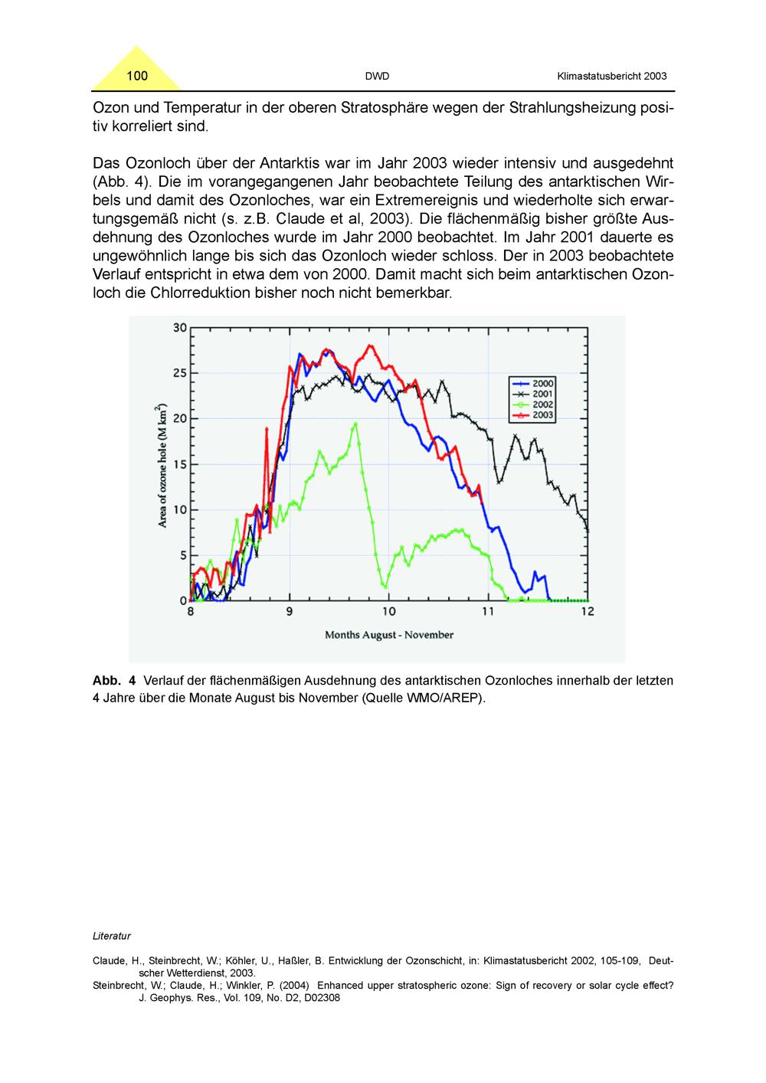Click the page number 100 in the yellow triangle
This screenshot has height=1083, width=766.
[137, 76]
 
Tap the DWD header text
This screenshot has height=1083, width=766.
[377, 77]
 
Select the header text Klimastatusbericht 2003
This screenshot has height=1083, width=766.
[611, 77]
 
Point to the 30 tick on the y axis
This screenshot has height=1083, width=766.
[180, 328]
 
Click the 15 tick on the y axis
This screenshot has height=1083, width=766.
[180, 464]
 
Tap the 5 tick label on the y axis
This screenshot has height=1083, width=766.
[183, 555]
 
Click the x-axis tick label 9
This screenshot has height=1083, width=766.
[290, 612]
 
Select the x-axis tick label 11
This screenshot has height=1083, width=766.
[488, 612]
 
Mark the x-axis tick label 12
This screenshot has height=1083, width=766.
[588, 612]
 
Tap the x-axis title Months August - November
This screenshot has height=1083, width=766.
[389, 635]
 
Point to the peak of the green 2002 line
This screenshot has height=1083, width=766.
[355, 424]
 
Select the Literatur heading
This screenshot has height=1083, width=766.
[112, 936]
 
